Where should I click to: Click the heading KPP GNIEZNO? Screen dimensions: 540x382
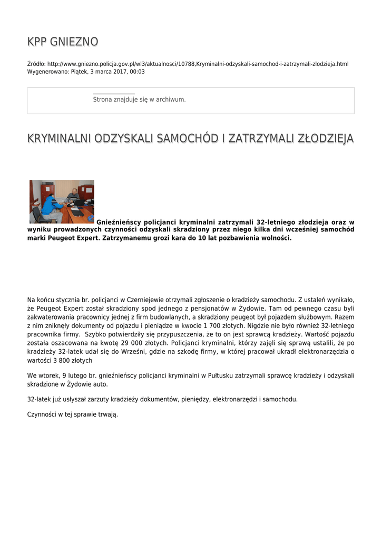click(x=62, y=42)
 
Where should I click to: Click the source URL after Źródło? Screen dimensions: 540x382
click(x=198, y=64)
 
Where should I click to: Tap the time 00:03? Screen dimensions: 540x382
click(x=138, y=72)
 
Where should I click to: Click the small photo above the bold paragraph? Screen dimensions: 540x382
click(x=62, y=201)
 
